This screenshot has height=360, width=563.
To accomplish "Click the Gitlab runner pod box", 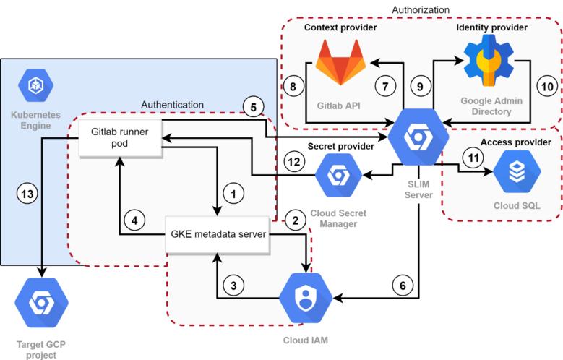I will pyautogui.click(x=119, y=139).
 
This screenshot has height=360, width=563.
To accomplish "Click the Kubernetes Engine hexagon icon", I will pyautogui.click(x=35, y=86).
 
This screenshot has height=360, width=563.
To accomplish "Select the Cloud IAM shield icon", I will pyautogui.click(x=306, y=297).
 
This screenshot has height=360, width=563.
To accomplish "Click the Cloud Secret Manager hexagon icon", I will pyautogui.click(x=337, y=176).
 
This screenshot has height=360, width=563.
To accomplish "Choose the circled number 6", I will pyautogui.click(x=403, y=286).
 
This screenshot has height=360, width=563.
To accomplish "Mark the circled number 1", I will pyautogui.click(x=233, y=194).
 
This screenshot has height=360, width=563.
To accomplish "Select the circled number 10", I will pyautogui.click(x=547, y=86).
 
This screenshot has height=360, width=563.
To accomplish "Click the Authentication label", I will pyautogui.click(x=172, y=105).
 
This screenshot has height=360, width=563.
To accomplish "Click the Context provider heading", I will pyautogui.click(x=340, y=27).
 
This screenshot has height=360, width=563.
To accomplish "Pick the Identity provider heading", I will pyautogui.click(x=491, y=27).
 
